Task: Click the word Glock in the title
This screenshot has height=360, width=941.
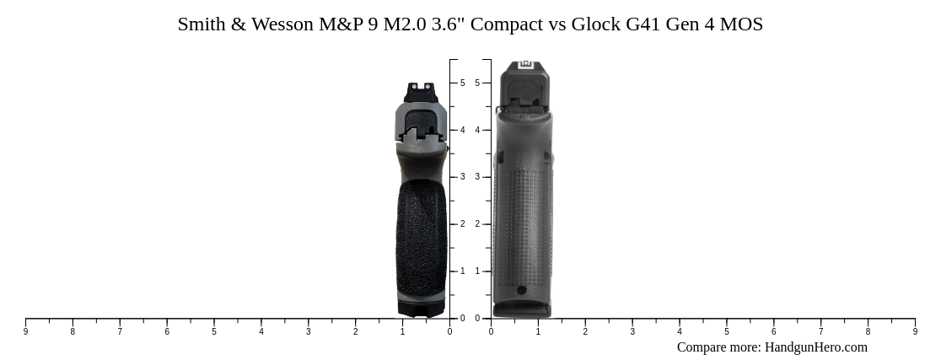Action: click(595, 24)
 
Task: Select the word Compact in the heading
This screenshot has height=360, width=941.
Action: click(506, 24)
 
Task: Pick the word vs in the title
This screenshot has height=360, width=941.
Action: click(557, 24)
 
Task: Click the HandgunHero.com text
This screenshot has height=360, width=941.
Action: click(815, 347)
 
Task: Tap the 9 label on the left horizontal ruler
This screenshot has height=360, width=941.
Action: click(25, 332)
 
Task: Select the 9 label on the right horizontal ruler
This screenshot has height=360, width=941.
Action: click(915, 332)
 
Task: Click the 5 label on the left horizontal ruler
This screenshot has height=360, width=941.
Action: click(214, 332)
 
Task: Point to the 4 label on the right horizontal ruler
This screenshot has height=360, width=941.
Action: click(680, 332)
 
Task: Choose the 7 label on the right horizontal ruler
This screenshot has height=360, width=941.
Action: click(820, 332)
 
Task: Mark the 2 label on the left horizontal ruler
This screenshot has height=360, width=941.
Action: click(355, 332)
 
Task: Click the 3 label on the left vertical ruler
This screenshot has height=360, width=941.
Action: click(462, 177)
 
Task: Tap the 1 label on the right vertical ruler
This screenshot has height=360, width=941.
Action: click(477, 271)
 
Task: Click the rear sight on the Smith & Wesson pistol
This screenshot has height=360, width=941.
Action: click(421, 91)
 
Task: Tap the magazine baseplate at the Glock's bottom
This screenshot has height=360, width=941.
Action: click(521, 310)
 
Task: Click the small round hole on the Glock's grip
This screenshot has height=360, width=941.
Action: click(521, 290)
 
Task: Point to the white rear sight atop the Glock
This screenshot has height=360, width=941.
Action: click(525, 64)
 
